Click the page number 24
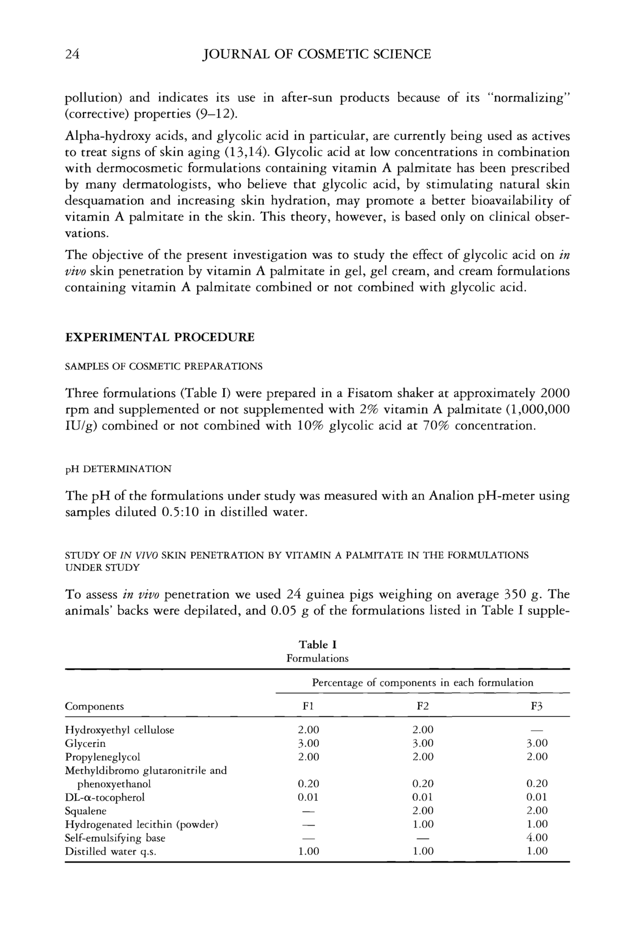point(72,54)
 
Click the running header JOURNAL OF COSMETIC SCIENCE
point(316,54)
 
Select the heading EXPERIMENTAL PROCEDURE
point(160,337)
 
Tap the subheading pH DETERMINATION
point(119,469)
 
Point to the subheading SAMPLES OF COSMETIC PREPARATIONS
point(164,367)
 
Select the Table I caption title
point(317,645)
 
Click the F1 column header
point(308,706)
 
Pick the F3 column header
point(537,706)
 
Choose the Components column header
point(94,706)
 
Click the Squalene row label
point(85,811)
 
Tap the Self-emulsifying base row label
point(115,838)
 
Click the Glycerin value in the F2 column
point(423,744)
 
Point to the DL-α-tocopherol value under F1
point(308,797)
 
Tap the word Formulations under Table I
point(317,658)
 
